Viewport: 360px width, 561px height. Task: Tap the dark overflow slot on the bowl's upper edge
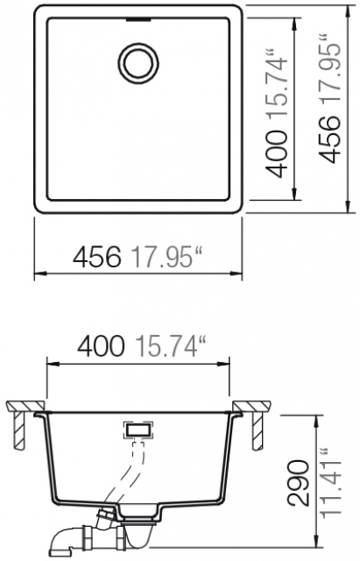point(138,19)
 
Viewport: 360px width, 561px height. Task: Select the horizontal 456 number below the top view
point(96,257)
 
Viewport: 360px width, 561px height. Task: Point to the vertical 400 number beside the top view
point(278,154)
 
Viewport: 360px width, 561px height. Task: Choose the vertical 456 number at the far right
point(329,139)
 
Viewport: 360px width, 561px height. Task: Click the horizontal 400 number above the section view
point(102,346)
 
